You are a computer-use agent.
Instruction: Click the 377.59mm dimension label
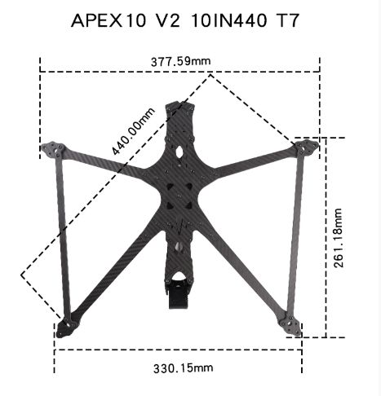181,61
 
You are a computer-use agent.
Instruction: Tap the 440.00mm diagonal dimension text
133,131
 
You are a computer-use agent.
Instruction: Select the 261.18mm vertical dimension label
338,238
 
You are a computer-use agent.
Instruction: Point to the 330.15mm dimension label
184,368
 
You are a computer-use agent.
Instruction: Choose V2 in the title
168,20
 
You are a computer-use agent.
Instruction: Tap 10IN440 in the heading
228,20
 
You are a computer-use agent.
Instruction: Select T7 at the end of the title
287,20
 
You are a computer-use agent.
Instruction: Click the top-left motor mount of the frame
53,149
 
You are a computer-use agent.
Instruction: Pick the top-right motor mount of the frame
307,147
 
